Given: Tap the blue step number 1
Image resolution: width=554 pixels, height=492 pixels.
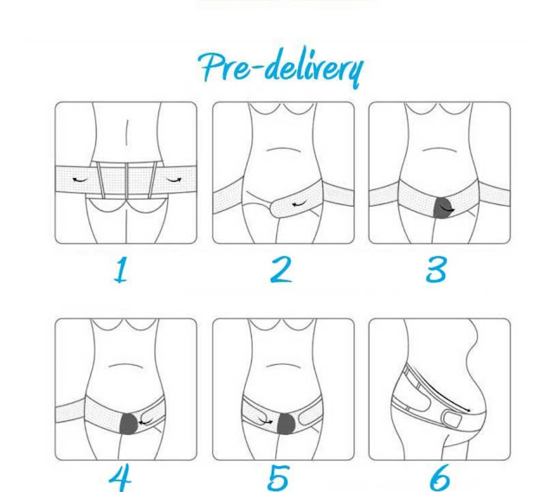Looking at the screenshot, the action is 121,270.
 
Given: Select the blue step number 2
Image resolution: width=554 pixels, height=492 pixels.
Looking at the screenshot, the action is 281,270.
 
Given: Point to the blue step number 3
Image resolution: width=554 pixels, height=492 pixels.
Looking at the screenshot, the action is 436,270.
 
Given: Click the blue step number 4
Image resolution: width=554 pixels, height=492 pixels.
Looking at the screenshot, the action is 120,479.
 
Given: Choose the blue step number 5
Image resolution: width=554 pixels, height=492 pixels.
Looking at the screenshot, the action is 279,478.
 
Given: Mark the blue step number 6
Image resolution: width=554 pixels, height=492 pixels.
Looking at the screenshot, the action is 440,478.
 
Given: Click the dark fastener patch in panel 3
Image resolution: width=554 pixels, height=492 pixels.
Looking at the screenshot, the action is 444,208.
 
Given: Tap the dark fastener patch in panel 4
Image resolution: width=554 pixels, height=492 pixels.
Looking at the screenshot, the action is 129,424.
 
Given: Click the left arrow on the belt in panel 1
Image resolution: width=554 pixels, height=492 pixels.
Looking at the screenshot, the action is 81,180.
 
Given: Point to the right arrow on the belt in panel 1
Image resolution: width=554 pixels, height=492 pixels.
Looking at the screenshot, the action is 174,180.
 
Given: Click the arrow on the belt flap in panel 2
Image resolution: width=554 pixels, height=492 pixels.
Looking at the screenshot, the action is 300,204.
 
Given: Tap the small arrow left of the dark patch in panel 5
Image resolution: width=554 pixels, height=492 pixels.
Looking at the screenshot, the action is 266,421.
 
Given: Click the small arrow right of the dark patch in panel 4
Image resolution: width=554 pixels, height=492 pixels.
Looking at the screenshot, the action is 145,422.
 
